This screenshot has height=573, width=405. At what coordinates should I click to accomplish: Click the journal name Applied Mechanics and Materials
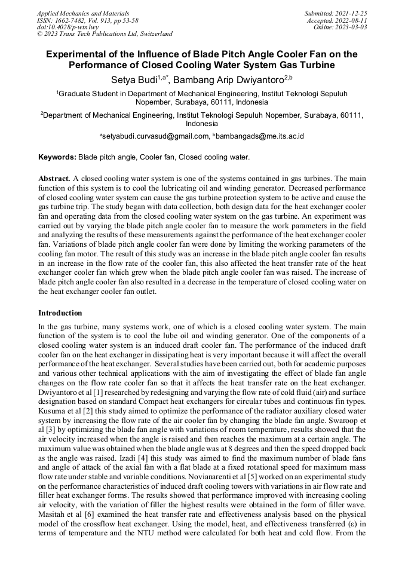point(83,13)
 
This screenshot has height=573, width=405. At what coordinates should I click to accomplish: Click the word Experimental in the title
point(82,54)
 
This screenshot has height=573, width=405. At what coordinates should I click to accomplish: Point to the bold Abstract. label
point(54,179)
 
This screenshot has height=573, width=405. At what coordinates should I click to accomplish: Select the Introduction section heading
point(60,312)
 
